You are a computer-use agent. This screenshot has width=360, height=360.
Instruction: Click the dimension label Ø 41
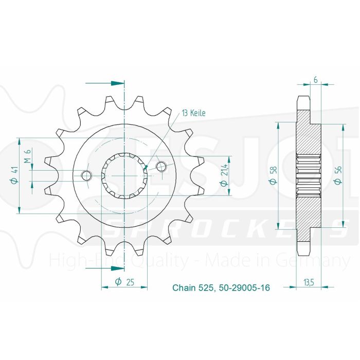pyautogui.click(x=15, y=176)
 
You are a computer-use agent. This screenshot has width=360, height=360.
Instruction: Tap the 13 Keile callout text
pyautogui.click(x=193, y=113)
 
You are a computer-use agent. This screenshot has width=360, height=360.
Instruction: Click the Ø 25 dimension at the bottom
pyautogui.click(x=124, y=281)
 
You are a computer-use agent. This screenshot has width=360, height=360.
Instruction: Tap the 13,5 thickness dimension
pyautogui.click(x=309, y=281)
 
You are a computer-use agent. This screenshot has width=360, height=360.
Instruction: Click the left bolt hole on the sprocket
pyautogui.click(x=87, y=176)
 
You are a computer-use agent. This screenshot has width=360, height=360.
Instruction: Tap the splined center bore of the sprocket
pyautogui.click(x=124, y=176)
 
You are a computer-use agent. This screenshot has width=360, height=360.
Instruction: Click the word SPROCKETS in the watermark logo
pyautogui.click(x=226, y=226)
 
